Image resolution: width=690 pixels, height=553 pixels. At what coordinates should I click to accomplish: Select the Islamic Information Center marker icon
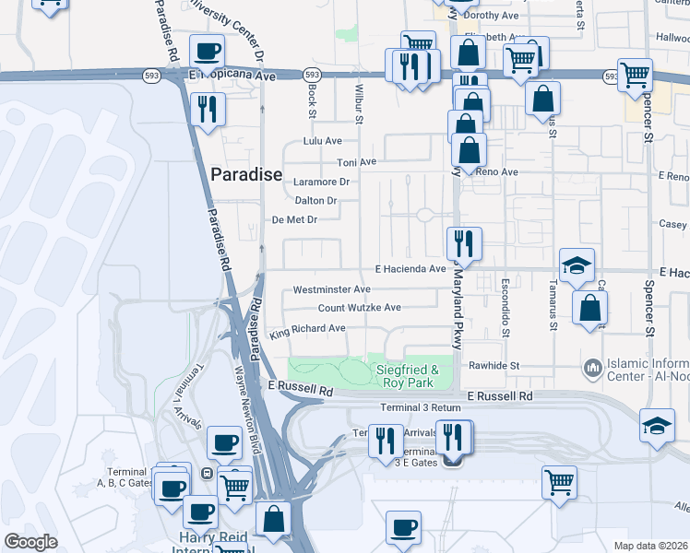pyautogui.click(x=592, y=369)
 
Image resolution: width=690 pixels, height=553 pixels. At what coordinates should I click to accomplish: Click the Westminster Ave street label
pyautogui.click(x=331, y=289)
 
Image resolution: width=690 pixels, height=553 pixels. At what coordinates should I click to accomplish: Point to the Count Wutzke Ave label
pyautogui.click(x=360, y=308)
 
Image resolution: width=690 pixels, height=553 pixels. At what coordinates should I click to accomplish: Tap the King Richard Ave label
pyautogui.click(x=306, y=328)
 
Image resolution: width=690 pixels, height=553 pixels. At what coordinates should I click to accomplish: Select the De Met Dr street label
pyautogui.click(x=294, y=219)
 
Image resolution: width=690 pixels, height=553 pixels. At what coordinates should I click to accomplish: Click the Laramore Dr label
pyautogui.click(x=321, y=182)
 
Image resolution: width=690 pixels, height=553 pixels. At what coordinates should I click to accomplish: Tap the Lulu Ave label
pyautogui.click(x=323, y=142)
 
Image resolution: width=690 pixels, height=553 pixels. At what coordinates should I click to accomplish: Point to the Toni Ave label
pyautogui.click(x=357, y=162)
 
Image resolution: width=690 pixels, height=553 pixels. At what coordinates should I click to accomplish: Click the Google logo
pyautogui.click(x=30, y=542)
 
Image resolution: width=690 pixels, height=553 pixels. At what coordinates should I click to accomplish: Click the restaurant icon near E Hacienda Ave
pyautogui.click(x=463, y=243)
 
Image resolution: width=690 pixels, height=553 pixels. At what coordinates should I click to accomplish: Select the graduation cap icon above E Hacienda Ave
pyautogui.click(x=577, y=265)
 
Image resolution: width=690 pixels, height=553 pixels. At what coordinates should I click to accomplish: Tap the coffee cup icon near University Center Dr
pyautogui.click(x=208, y=51)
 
